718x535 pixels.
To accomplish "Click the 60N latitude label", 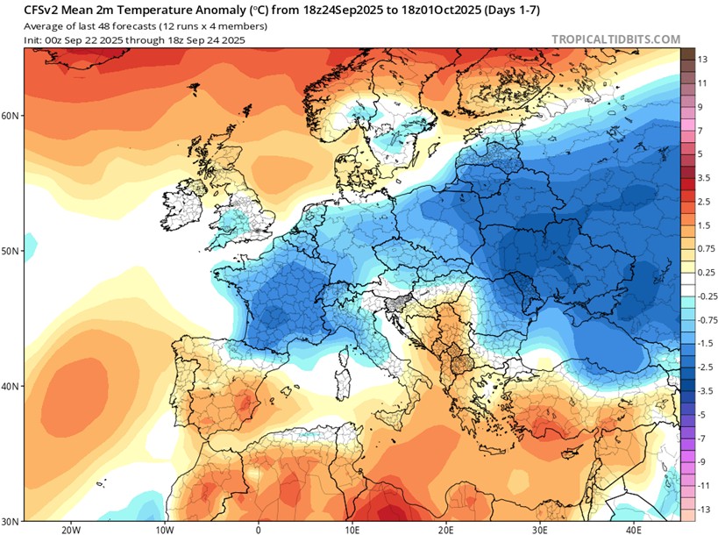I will [x=11, y=115].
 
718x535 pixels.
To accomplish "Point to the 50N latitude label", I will [x=11, y=251].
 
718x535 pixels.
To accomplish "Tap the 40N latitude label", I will [x=11, y=387].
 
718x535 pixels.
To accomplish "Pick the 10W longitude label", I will [x=164, y=529].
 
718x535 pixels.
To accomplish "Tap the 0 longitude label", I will [x=258, y=529].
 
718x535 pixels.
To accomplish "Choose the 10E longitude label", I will [x=352, y=529].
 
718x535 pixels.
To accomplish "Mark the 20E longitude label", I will [x=446, y=529].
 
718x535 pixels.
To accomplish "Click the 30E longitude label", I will [x=540, y=529].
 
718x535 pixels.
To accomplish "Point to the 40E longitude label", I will [x=634, y=529].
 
